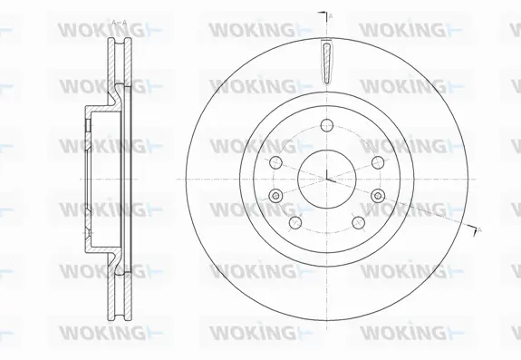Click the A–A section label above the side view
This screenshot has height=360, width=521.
pos(118,21)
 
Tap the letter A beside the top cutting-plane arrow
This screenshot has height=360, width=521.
pos(331,15)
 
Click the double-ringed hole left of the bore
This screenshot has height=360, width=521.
pos(275,195)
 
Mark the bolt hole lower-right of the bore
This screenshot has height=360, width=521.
pos(357,220)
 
